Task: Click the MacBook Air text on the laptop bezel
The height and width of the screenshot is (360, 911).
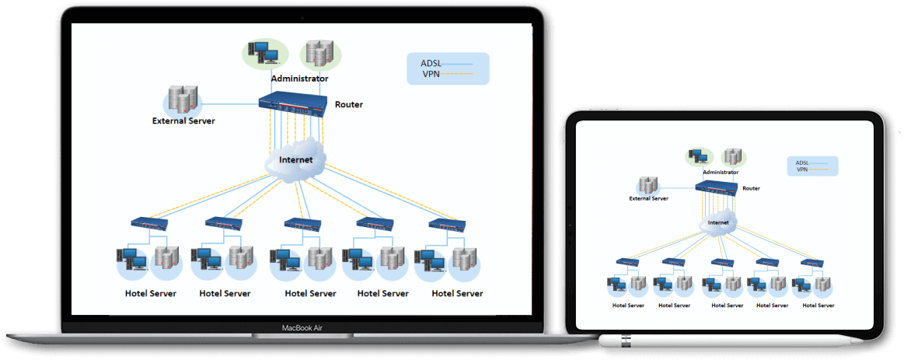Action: (302, 328)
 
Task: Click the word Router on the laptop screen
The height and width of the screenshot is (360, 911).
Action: (348, 104)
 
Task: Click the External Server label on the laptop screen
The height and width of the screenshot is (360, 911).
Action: (183, 121)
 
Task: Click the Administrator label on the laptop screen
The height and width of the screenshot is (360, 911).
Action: (299, 79)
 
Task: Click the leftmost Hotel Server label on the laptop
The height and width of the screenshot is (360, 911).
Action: (151, 293)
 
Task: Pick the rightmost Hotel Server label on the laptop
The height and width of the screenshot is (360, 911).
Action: (457, 293)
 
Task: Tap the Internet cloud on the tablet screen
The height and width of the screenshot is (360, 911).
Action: (718, 222)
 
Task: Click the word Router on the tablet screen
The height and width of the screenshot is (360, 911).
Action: (751, 188)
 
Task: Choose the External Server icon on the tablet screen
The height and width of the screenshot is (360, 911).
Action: (647, 185)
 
